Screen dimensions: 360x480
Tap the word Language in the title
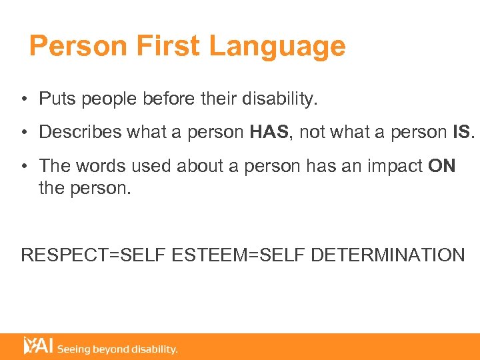click(x=277, y=47)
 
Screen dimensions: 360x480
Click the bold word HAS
click(x=269, y=132)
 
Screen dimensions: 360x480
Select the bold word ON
click(x=442, y=165)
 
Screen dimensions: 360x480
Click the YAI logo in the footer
click(x=38, y=345)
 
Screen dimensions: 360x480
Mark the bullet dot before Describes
click(x=24, y=133)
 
